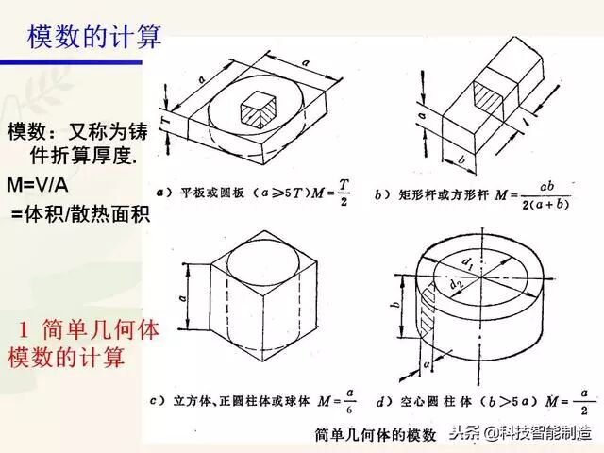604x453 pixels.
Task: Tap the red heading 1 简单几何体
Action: [x=90, y=331]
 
